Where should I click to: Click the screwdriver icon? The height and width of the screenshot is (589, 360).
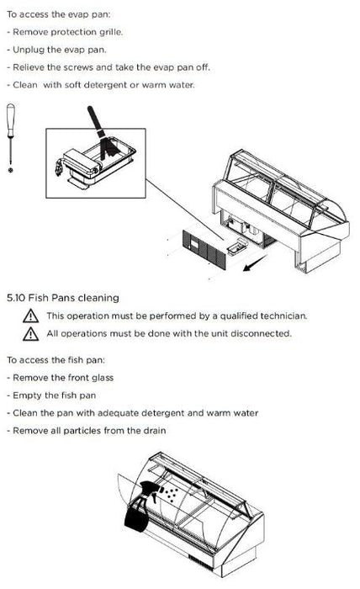(11, 135)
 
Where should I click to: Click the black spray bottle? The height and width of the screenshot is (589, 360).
(140, 507)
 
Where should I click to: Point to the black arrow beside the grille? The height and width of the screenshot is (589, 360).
(255, 263)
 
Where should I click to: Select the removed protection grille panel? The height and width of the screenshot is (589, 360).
(204, 249)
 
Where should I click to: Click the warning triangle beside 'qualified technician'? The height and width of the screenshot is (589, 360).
(30, 316)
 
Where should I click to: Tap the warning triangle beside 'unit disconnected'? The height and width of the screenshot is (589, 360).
(30, 333)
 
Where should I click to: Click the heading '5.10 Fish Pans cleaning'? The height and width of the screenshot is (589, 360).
(63, 298)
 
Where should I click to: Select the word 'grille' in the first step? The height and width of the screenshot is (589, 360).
(111, 32)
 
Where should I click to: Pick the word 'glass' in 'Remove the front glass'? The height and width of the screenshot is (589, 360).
(103, 378)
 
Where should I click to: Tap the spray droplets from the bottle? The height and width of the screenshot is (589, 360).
(170, 495)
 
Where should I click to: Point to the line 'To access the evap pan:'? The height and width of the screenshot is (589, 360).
(59, 14)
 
